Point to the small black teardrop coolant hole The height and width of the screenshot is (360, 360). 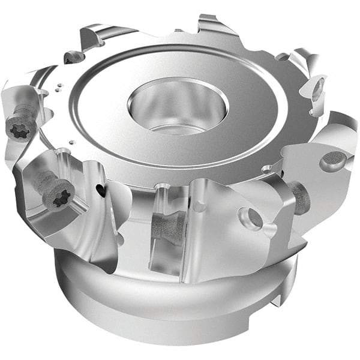(100, 190)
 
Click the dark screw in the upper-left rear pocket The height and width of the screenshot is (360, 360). (74, 57)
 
